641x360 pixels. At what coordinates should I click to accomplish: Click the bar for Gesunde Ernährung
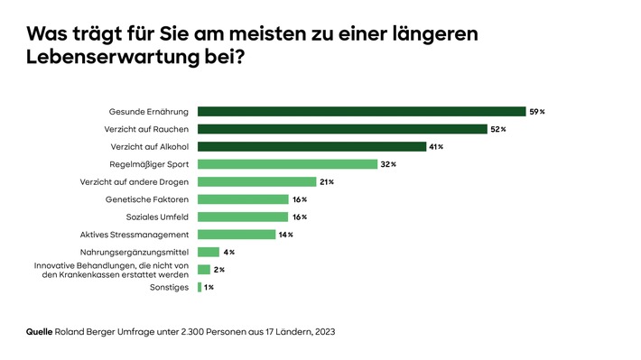tap(361, 112)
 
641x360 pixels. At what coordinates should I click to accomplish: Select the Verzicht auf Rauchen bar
tap(342, 129)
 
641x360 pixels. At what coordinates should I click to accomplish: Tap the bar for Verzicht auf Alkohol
tap(311, 146)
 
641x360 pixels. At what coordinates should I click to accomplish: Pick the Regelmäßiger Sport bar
tap(287, 164)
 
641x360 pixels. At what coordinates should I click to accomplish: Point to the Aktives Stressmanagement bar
tap(237, 235)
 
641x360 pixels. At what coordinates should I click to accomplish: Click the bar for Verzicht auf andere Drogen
tap(256, 181)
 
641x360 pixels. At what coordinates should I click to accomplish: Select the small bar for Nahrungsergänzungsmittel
tap(209, 252)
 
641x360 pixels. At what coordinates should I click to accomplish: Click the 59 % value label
tap(537, 112)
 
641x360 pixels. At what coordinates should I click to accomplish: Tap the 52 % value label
tap(498, 129)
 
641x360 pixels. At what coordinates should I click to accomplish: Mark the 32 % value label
tap(387, 164)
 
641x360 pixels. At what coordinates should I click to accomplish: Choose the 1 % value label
tap(209, 287)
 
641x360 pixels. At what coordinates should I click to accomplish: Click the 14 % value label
tap(285, 235)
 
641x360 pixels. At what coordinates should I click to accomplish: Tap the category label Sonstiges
tap(170, 287)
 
